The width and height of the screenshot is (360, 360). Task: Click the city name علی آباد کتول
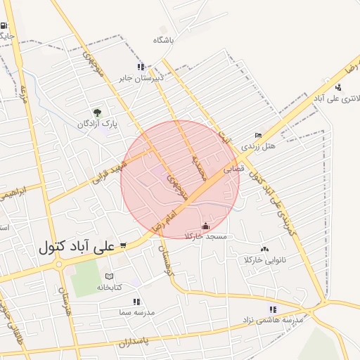click(77, 248)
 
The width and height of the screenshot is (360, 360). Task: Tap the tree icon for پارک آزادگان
click(97, 112)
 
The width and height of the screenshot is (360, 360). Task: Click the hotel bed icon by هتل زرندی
click(258, 136)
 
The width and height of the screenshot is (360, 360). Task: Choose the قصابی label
click(233, 169)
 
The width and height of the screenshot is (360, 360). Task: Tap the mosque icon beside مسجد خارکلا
click(205, 226)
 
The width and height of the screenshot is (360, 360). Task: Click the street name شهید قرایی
click(111, 169)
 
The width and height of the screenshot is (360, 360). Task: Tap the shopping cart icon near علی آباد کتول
click(124, 245)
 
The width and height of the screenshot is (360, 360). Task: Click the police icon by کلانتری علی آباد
click(339, 87)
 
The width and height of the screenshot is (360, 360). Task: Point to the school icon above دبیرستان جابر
click(141, 67)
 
